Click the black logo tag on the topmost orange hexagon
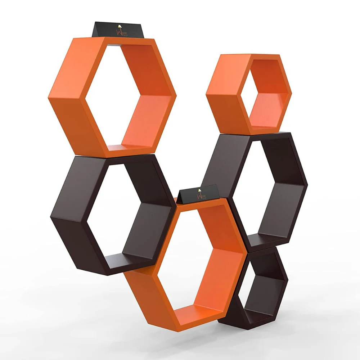(119, 30)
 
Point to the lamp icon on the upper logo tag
(120, 26)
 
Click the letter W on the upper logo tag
(117, 32)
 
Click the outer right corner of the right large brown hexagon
(308, 186)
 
